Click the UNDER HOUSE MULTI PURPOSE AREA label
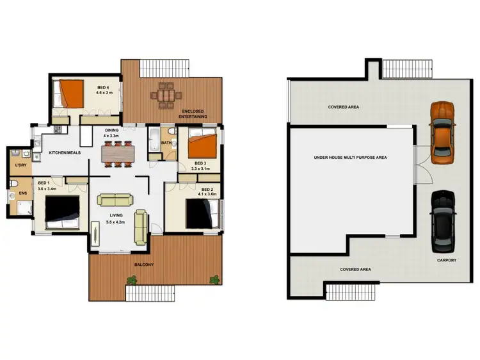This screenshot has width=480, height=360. pos(350,157)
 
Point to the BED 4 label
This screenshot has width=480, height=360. pos(103,87)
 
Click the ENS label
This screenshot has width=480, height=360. pos(22,193)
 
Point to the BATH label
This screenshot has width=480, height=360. pos(166,143)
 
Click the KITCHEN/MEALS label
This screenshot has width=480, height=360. pos(64,152)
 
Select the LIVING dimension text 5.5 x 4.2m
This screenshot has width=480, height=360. pos(116,222)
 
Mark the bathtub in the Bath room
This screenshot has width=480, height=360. pos(154,140)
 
